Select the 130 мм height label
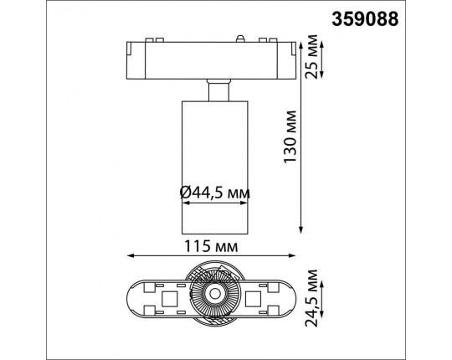coord(290,138)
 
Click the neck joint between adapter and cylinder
coord(216,89)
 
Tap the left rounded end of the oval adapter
coord(134,296)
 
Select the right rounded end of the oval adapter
coord(292,296)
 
